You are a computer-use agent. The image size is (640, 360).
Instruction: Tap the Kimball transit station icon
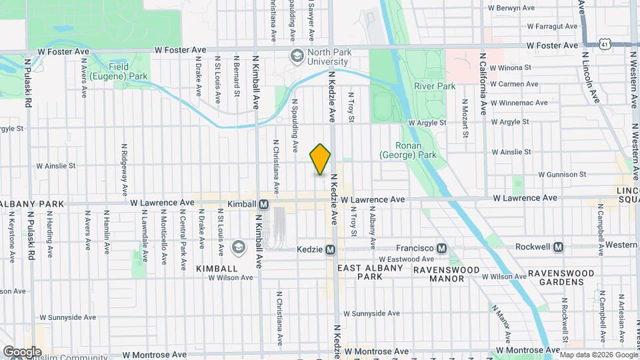pos(264,203)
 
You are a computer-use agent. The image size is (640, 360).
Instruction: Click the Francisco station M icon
pos(441,247)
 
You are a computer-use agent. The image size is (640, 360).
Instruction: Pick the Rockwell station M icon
pos(559,247)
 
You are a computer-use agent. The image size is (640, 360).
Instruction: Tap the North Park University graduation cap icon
pos(295,56)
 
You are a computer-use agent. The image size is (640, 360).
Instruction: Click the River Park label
pos(434,86)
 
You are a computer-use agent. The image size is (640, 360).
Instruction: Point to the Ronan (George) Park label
pos(407,150)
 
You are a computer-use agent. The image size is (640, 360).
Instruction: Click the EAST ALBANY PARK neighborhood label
pos(370,272)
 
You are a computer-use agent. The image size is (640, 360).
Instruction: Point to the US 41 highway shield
pos(604,43)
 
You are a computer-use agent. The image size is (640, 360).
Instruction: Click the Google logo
pos(22,351)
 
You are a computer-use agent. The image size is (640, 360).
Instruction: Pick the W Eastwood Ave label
pos(400,259)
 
